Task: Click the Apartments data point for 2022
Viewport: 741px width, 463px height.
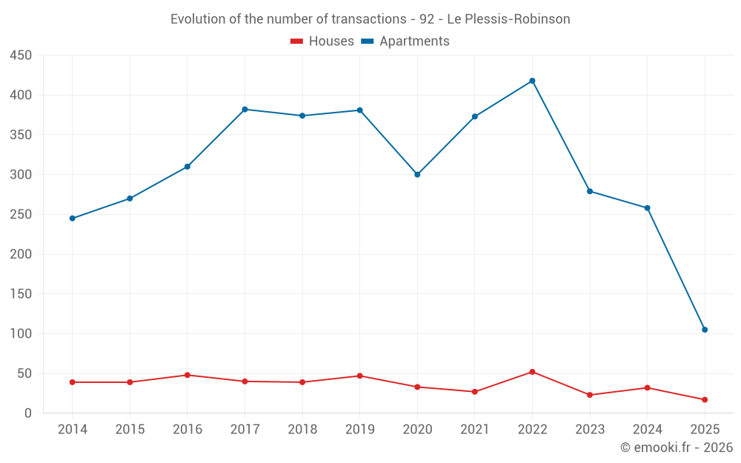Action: click(x=532, y=81)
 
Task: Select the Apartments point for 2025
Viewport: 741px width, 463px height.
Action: click(x=705, y=330)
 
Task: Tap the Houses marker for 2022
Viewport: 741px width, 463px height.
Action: click(x=532, y=372)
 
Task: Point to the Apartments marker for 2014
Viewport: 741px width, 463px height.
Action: click(x=72, y=219)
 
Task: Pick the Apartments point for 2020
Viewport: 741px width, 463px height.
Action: click(x=417, y=175)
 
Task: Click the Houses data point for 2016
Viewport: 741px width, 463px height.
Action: click(x=187, y=375)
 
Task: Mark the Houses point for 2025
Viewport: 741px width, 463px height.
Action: click(x=705, y=400)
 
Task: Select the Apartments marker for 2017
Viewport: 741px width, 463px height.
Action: click(x=245, y=110)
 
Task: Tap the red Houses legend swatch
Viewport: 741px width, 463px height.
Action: click(x=296, y=41)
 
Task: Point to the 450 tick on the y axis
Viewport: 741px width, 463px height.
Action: click(x=21, y=56)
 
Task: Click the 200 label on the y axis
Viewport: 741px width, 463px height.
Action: click(x=21, y=254)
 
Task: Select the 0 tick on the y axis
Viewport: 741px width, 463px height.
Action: click(x=28, y=413)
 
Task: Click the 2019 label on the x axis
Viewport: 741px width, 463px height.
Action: click(x=359, y=430)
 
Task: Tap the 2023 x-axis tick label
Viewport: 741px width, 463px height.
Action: click(x=590, y=430)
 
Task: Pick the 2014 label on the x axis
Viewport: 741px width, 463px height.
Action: click(x=72, y=430)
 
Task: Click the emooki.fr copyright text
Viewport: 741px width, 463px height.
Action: click(x=677, y=447)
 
